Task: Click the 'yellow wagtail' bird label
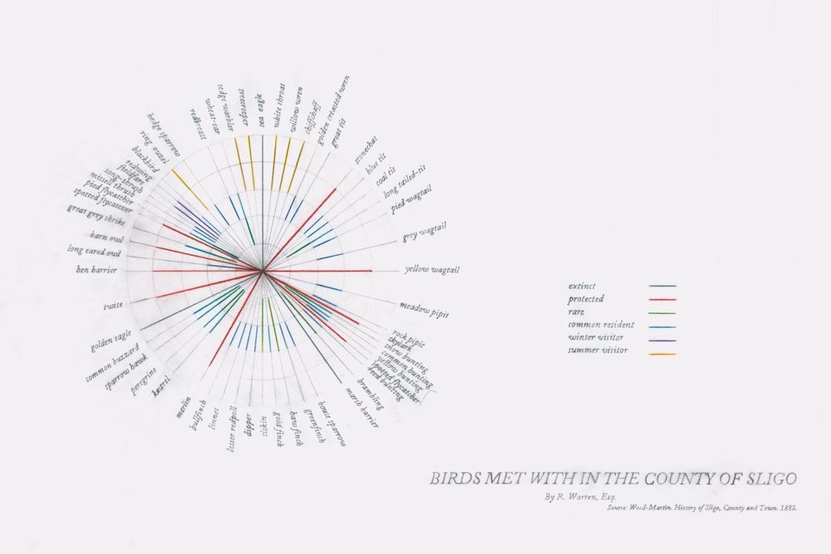[x=431, y=270]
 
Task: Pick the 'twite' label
[x=113, y=306]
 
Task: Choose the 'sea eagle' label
[x=260, y=110]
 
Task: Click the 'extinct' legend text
[x=584, y=285]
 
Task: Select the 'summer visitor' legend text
[x=598, y=351]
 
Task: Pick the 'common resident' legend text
[x=601, y=325]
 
